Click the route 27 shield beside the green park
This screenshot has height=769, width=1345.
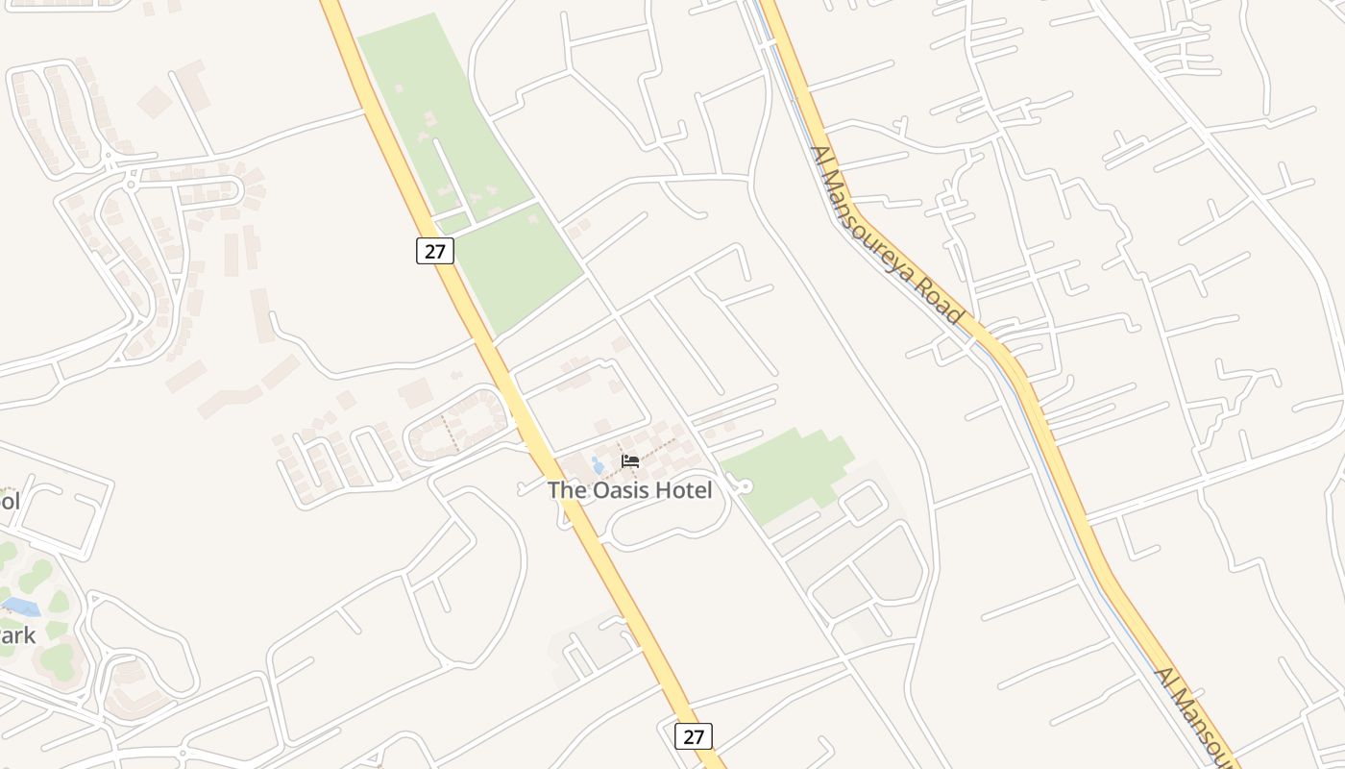pos(434,250)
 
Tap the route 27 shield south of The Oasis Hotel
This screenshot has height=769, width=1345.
pos(693,736)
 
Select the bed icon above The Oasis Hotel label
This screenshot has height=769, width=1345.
pos(630,461)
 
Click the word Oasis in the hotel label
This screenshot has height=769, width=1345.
pos(621,490)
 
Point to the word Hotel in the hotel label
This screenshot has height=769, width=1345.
pos(685,490)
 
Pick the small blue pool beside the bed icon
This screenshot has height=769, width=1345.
pos(598,465)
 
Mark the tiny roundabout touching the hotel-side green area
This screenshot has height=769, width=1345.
pos(745,487)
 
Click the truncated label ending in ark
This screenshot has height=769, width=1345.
pos(17,635)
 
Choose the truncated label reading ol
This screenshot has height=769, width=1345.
pos(10,501)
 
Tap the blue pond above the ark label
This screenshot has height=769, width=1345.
pos(21,607)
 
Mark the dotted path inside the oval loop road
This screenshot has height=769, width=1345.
pos(450,434)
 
